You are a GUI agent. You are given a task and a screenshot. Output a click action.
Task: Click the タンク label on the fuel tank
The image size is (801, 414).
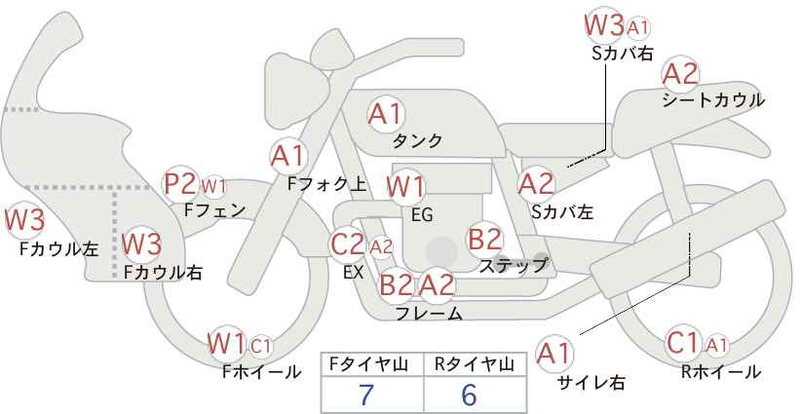pos(417,141)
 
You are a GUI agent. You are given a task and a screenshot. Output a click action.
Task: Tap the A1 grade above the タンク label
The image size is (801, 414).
pos(386,114)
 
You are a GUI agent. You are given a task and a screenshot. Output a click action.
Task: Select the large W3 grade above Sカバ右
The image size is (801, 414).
pos(604,25)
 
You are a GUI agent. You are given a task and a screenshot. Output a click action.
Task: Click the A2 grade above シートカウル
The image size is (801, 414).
pos(680,75)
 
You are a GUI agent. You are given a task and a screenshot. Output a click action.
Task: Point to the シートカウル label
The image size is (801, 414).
pos(713,100)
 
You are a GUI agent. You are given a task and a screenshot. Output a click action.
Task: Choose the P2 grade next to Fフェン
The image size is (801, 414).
pos(180,184)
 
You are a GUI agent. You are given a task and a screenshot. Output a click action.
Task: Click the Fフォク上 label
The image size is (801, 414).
pos(327,184)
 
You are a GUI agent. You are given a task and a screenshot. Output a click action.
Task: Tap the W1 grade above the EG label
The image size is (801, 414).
pos(405,187)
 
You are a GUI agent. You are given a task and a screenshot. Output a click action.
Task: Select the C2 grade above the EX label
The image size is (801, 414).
pos(347,245)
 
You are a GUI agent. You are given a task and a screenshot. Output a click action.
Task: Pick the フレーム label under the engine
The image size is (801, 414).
pos(429,314)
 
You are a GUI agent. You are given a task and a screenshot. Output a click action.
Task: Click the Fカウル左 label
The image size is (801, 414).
pos(58,249)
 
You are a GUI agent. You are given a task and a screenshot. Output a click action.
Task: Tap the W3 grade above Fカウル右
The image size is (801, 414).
pos(142,244)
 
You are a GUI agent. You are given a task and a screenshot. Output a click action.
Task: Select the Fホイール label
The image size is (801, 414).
pos(261,372)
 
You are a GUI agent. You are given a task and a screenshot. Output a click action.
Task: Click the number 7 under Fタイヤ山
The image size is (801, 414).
pos(366,395)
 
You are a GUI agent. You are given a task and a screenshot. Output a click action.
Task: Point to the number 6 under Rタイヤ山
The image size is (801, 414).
pos(469,395)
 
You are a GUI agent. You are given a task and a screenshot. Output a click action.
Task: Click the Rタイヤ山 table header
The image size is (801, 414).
pos(474,364)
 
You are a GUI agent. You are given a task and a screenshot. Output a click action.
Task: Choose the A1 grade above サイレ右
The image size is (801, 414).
pos(554,354)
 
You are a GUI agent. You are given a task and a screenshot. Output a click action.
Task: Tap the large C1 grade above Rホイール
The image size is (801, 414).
pos(683,343)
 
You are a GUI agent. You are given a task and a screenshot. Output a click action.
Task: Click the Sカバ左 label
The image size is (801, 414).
pos(562,211)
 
